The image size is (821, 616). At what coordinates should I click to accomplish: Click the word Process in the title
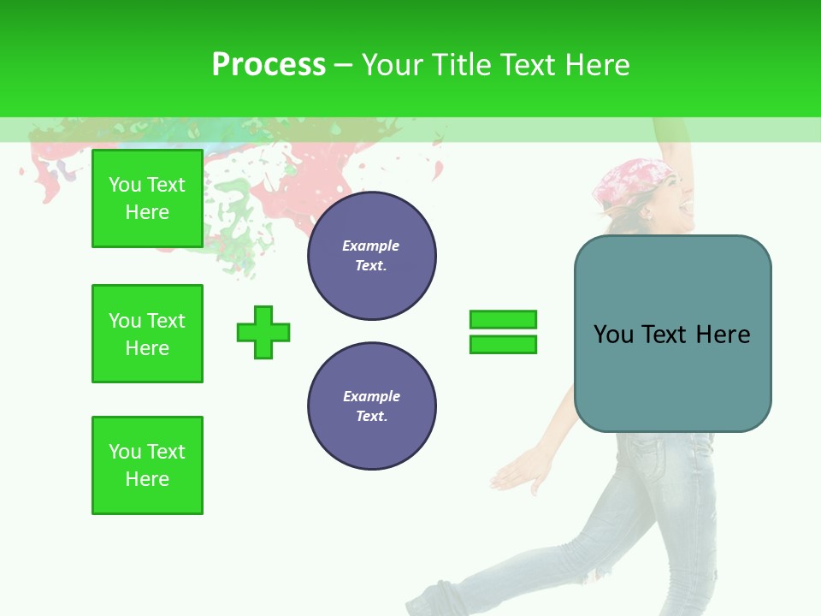click(269, 65)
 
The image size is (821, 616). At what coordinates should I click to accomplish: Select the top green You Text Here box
click(147, 198)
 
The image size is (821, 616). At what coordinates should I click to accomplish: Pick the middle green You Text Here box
click(147, 334)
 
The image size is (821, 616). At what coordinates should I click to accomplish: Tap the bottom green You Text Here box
click(147, 465)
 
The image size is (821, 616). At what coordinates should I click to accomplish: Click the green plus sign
click(263, 332)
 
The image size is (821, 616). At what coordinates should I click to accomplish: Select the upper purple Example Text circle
click(371, 255)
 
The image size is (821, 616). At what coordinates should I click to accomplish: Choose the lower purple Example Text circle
click(371, 406)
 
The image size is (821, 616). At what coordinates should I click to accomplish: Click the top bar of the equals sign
click(503, 320)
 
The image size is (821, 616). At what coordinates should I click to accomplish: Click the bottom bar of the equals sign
click(503, 344)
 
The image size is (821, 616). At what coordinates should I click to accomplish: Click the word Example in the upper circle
click(371, 246)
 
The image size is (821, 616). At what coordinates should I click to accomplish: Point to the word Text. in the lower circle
click(371, 416)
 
